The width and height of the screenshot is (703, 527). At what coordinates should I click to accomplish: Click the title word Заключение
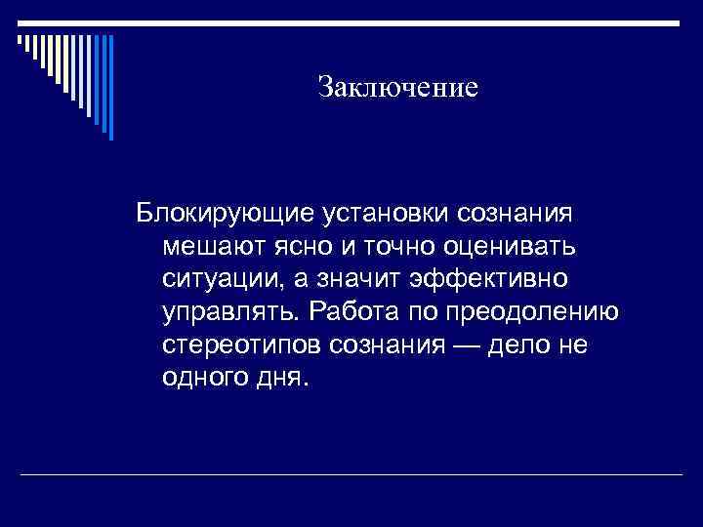point(397,88)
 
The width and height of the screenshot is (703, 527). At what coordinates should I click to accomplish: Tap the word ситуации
point(220,279)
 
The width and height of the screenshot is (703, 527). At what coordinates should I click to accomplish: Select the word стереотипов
point(244,346)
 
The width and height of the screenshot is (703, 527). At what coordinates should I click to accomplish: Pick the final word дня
point(280,381)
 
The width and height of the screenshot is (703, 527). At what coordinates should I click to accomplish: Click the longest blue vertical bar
point(110,88)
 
